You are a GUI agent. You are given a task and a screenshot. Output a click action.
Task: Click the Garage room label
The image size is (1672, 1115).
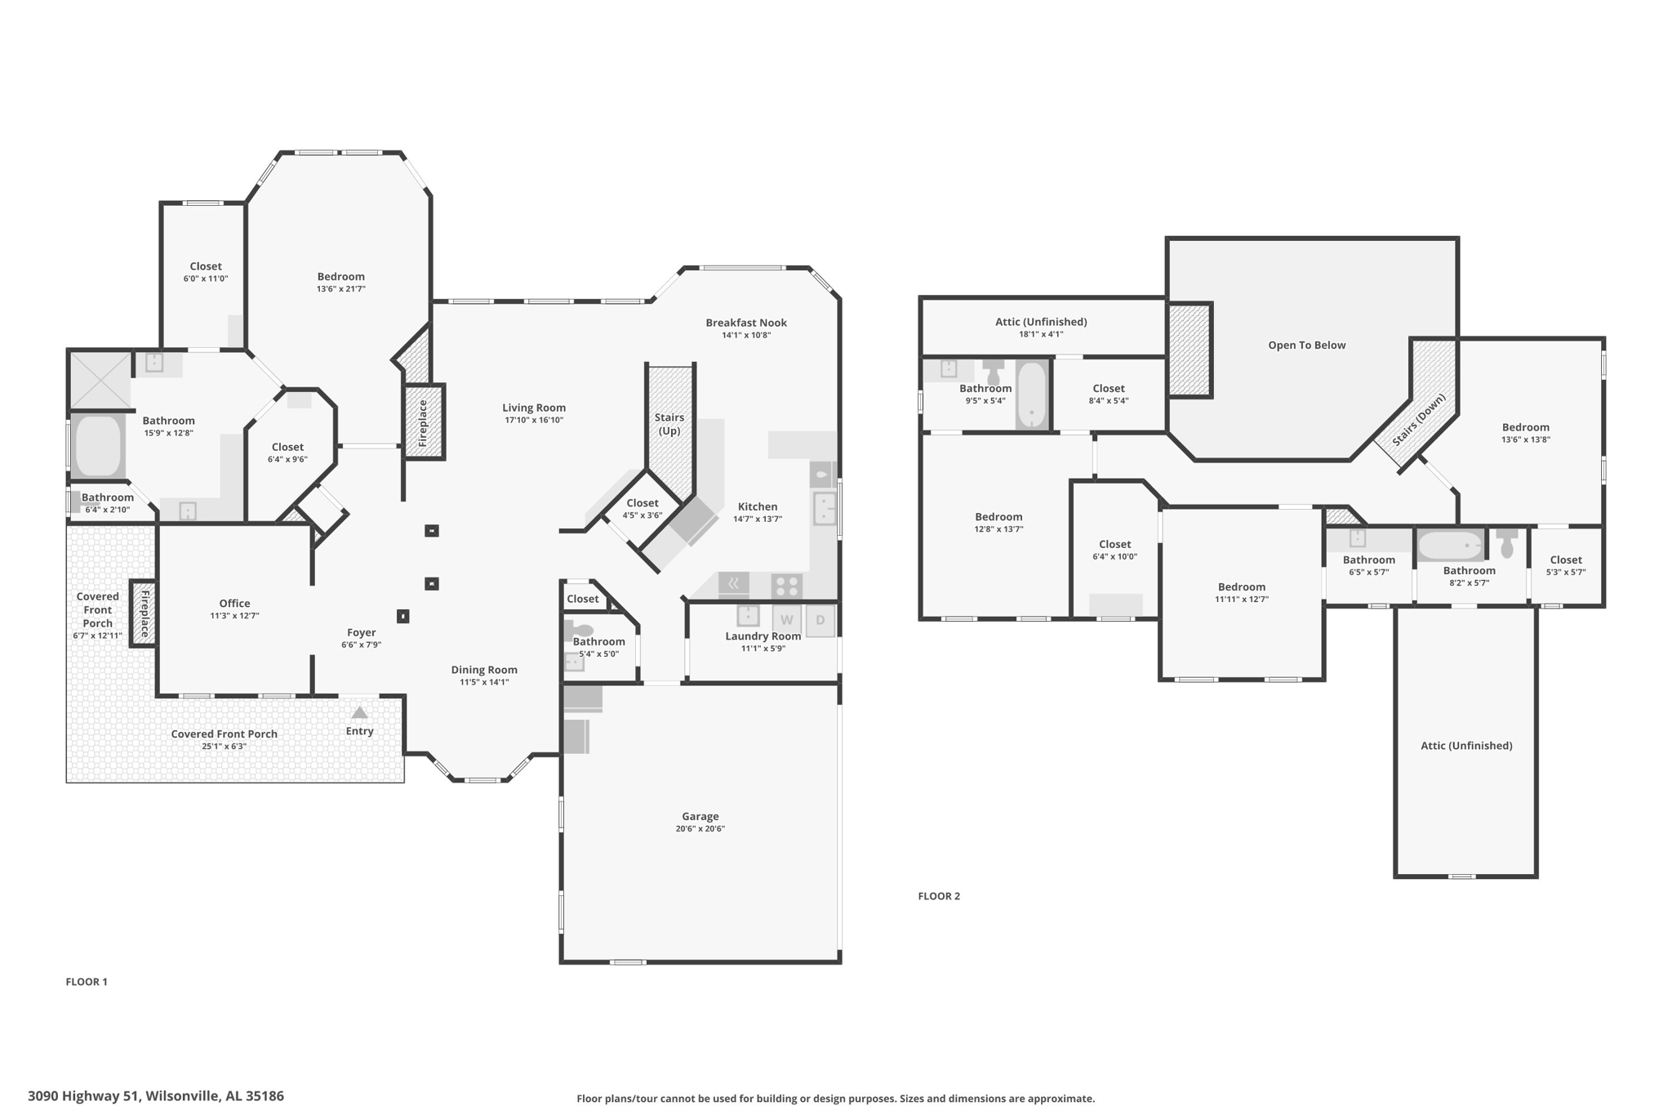(700, 816)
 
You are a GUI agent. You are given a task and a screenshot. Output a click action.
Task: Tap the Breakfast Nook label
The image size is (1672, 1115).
(746, 323)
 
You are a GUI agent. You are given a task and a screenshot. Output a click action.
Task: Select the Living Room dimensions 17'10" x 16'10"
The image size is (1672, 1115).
(534, 420)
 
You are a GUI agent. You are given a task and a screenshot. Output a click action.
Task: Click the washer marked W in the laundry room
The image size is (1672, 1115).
(786, 620)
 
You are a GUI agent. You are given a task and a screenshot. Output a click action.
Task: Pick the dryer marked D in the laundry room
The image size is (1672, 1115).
(820, 620)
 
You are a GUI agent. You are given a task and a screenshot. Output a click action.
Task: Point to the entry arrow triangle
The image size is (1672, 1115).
(359, 713)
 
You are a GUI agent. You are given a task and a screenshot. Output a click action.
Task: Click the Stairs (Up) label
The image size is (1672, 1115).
(669, 424)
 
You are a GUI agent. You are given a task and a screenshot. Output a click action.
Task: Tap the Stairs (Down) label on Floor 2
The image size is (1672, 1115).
(1419, 420)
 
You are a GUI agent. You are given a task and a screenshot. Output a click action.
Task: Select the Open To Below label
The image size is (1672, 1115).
(1306, 345)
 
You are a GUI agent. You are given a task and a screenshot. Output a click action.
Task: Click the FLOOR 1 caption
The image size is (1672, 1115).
(87, 982)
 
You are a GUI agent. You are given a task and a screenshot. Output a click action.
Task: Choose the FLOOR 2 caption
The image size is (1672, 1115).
(939, 896)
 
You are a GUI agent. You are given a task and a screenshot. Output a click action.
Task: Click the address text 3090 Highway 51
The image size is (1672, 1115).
(84, 1096)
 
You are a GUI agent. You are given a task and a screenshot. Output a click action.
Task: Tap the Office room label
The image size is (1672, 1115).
(234, 604)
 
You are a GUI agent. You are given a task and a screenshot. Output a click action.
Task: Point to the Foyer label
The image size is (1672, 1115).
(361, 632)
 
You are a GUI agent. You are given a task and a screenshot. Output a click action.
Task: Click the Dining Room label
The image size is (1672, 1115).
(484, 670)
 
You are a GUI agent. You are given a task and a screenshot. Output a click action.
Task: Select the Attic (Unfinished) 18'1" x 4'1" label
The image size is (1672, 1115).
(1041, 328)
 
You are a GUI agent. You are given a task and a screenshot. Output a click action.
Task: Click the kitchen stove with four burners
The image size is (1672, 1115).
(786, 586)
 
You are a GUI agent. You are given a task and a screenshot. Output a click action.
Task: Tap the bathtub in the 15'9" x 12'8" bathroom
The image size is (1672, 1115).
(98, 446)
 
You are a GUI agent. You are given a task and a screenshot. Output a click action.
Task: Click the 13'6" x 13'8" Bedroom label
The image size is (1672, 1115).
(1525, 433)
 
